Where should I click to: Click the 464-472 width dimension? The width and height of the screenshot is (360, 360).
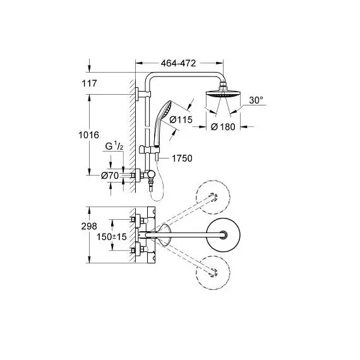tap(178, 63)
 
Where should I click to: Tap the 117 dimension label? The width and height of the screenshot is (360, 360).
tap(89, 83)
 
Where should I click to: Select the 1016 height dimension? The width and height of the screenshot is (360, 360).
tap(88, 135)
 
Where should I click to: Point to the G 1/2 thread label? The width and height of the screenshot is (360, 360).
tap(114, 146)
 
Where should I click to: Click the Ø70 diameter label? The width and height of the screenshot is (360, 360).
tap(110, 176)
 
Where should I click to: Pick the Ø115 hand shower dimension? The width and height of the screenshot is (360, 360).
tap(181, 119)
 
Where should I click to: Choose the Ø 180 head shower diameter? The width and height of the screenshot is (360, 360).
tap(223, 127)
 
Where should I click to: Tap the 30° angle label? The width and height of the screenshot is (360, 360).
tap(256, 100)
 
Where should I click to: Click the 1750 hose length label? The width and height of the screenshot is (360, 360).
tap(182, 159)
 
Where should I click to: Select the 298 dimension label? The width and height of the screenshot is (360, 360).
tap(89, 226)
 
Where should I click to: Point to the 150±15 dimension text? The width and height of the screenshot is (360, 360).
tap(112, 237)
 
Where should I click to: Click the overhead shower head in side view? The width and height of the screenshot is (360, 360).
tap(223, 93)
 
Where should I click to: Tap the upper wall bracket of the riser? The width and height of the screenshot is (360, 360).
tap(143, 94)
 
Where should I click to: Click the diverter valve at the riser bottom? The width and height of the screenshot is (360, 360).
tap(150, 176)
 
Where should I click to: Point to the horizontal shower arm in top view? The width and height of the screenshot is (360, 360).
tap(184, 235)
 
